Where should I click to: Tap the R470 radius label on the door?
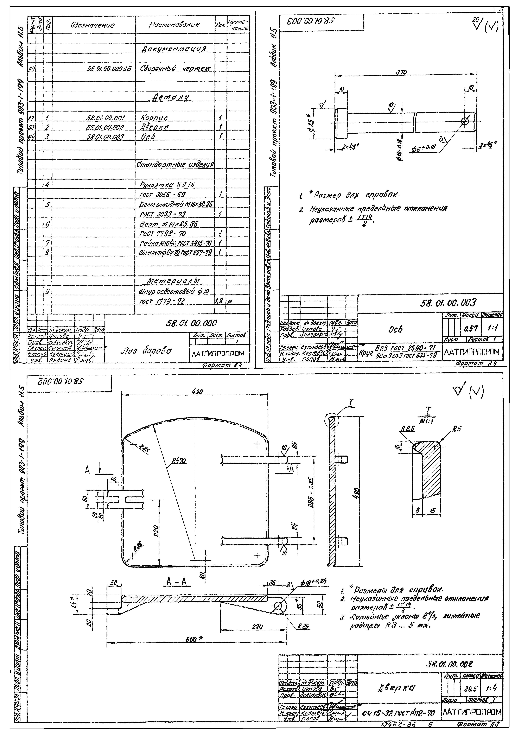[179, 461]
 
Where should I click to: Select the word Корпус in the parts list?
[154, 118]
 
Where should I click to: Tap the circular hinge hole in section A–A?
[278, 606]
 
